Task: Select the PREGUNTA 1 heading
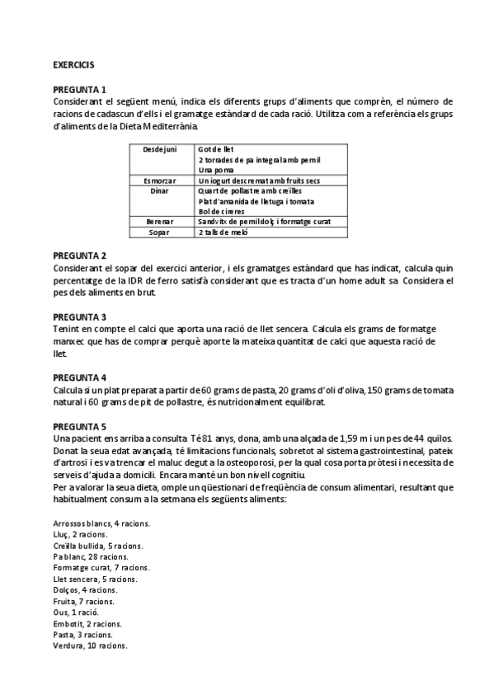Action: pos(79,89)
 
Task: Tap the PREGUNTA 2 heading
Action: pos(79,256)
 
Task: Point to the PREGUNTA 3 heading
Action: pos(79,317)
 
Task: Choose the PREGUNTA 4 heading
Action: pos(79,377)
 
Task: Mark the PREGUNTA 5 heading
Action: pos(79,426)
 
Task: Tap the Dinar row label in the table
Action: pos(160,190)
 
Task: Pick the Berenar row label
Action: pos(159,222)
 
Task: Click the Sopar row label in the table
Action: pos(159,232)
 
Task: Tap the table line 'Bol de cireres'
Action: pos(221,211)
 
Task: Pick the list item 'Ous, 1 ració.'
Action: pos(75,613)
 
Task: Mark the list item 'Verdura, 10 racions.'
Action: pos(89,645)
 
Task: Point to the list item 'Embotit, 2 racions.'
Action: pos(87,624)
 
